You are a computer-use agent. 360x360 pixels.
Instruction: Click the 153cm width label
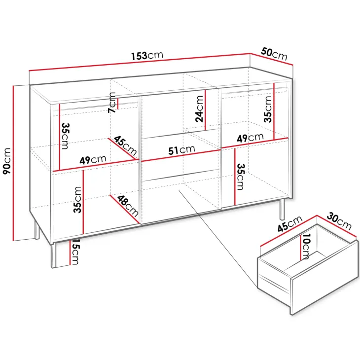147,56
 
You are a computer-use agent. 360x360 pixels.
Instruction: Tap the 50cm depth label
274,54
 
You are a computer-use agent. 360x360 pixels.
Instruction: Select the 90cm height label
7,161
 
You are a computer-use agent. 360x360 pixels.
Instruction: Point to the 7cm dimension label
112,103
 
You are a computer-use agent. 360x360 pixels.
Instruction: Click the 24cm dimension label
199,109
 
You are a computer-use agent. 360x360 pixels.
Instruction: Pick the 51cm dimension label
181,150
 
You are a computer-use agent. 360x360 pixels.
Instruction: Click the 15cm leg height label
75,252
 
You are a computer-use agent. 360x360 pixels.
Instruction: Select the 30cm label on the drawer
339,221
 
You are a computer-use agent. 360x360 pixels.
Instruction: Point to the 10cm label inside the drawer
307,247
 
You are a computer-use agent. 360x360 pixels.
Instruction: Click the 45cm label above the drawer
290,224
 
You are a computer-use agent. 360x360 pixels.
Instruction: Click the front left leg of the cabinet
53,255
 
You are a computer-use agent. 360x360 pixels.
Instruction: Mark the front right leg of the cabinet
282,210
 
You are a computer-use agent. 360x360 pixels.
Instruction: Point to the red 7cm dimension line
117,104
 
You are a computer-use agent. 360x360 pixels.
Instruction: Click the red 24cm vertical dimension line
205,110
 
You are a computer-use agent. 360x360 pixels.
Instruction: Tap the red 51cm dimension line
180,156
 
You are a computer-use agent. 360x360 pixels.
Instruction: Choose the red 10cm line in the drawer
300,248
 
